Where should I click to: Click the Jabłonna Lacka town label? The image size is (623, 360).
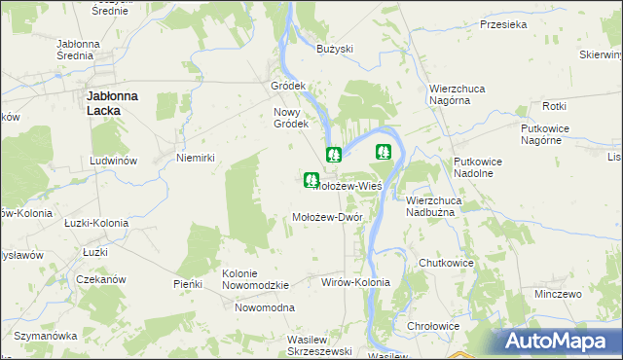click(117, 103)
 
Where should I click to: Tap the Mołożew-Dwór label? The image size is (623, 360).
click(328, 217)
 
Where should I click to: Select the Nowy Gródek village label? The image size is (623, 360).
click(290, 117)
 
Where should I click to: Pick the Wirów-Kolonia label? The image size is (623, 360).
click(355, 282)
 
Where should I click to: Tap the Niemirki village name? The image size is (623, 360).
click(195, 158)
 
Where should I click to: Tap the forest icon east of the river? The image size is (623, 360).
click(384, 152)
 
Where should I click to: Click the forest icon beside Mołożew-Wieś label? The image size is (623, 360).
click(311, 180)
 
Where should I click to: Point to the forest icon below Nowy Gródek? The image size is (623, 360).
click(334, 154)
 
